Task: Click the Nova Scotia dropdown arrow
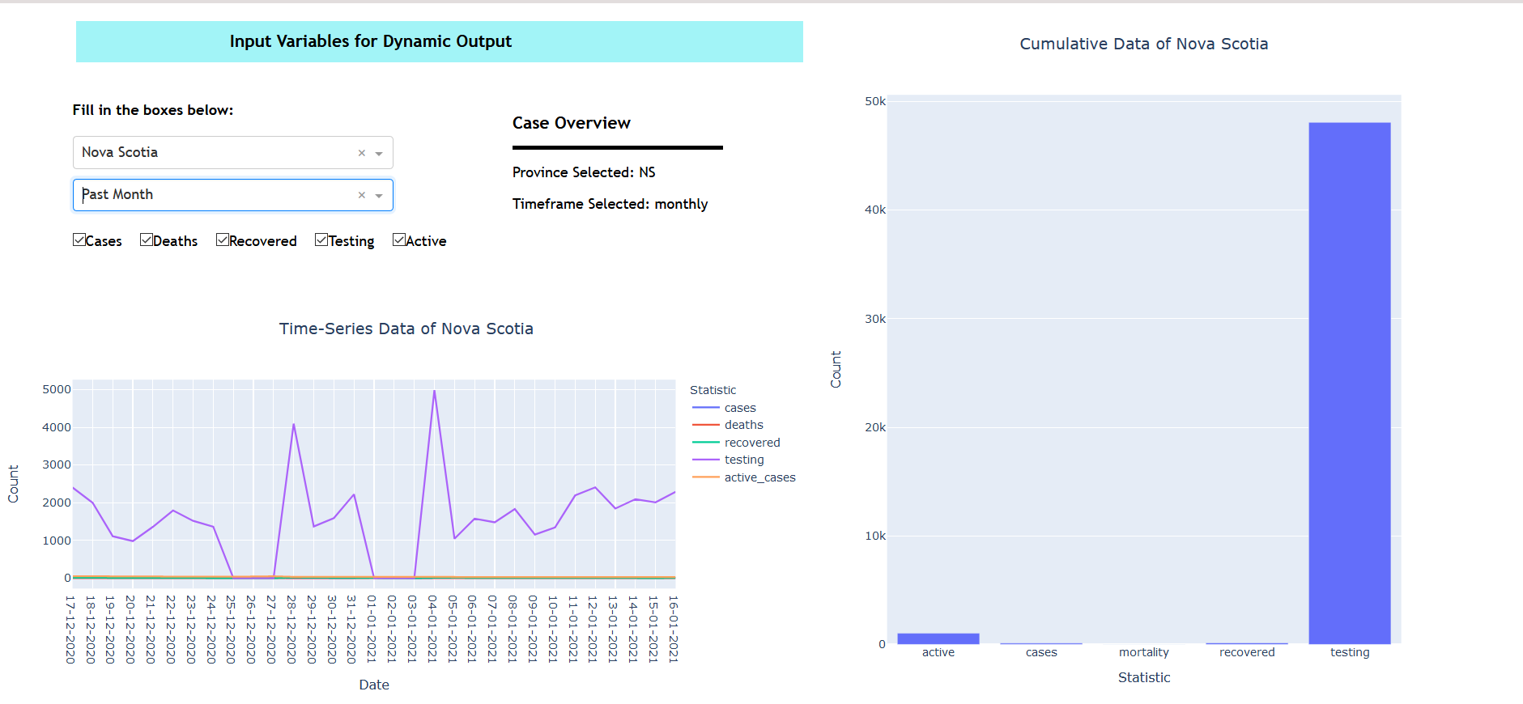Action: pos(378,153)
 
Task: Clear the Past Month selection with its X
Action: pos(362,195)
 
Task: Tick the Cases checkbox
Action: pos(79,240)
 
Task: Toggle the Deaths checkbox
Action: pos(147,240)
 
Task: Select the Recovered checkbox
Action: pos(223,240)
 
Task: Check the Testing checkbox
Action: pos(321,240)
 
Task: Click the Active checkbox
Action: pos(399,240)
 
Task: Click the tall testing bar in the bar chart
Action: pos(1349,380)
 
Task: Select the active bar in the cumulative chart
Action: pos(938,638)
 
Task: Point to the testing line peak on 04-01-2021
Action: pos(435,392)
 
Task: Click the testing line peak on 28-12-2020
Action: pos(294,425)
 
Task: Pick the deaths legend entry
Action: pos(743,425)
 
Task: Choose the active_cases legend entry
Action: pos(759,477)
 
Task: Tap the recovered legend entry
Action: pos(751,443)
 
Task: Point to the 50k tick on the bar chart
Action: pos(875,101)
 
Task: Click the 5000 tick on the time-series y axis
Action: pos(57,389)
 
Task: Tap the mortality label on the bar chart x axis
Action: pos(1143,652)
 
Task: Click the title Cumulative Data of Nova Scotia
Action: pos(1143,44)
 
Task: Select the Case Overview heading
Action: pos(571,123)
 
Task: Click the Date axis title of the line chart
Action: pos(374,685)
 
